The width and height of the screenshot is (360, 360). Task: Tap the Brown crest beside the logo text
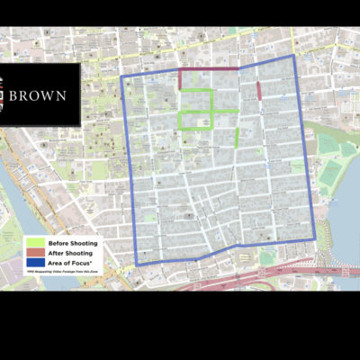(5, 94)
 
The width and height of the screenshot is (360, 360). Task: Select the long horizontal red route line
(209, 69)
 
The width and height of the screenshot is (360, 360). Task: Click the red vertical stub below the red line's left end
(180, 79)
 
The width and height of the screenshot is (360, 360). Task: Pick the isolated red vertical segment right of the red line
(259, 91)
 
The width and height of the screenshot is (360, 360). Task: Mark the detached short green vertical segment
(238, 137)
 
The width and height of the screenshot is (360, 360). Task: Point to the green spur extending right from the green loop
(225, 112)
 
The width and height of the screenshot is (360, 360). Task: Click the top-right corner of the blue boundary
(292, 57)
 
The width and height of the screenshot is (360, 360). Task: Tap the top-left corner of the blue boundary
(122, 76)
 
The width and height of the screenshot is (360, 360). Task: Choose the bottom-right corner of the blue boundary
(314, 239)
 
